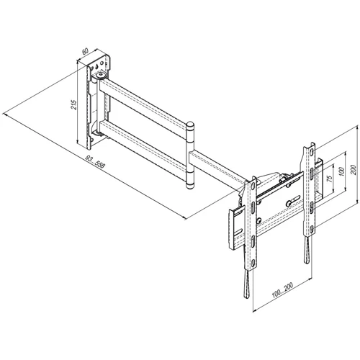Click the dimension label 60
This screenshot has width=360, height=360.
pos(85,51)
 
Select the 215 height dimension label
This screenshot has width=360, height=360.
pos(74,104)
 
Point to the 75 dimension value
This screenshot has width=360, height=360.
pos(330,179)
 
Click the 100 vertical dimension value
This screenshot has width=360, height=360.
pos(341,171)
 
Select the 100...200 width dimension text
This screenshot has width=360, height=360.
pos(282,290)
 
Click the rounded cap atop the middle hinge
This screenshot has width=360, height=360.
pos(190,125)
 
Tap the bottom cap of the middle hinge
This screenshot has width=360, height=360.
pos(190,186)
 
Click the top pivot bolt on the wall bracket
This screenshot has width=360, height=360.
pos(101,76)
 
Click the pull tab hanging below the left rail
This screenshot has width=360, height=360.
pos(247,284)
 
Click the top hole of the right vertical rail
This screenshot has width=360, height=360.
pos(311,152)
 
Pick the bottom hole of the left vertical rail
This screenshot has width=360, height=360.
pos(253,263)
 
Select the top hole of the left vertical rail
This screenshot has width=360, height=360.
pos(253,185)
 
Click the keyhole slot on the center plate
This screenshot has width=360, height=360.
pos(293,200)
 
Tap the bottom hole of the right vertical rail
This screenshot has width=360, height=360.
pos(311,229)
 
